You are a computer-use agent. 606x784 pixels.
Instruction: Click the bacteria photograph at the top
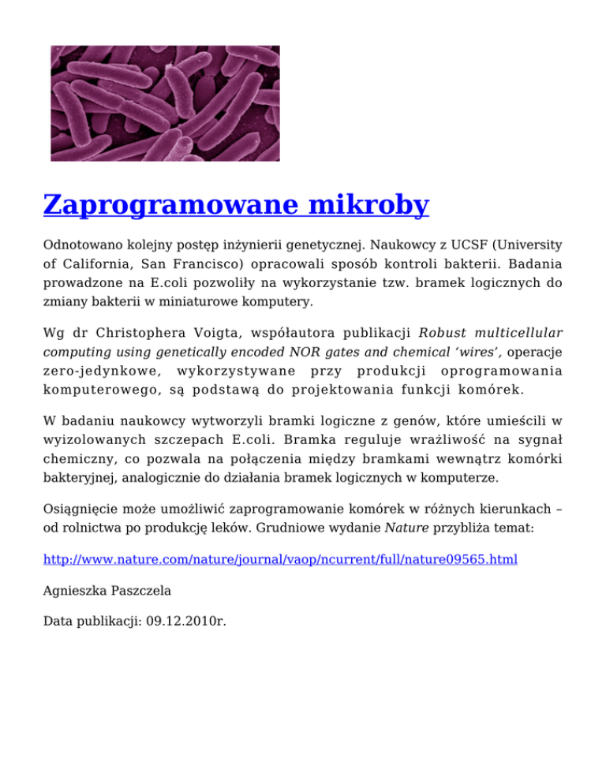point(165,103)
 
